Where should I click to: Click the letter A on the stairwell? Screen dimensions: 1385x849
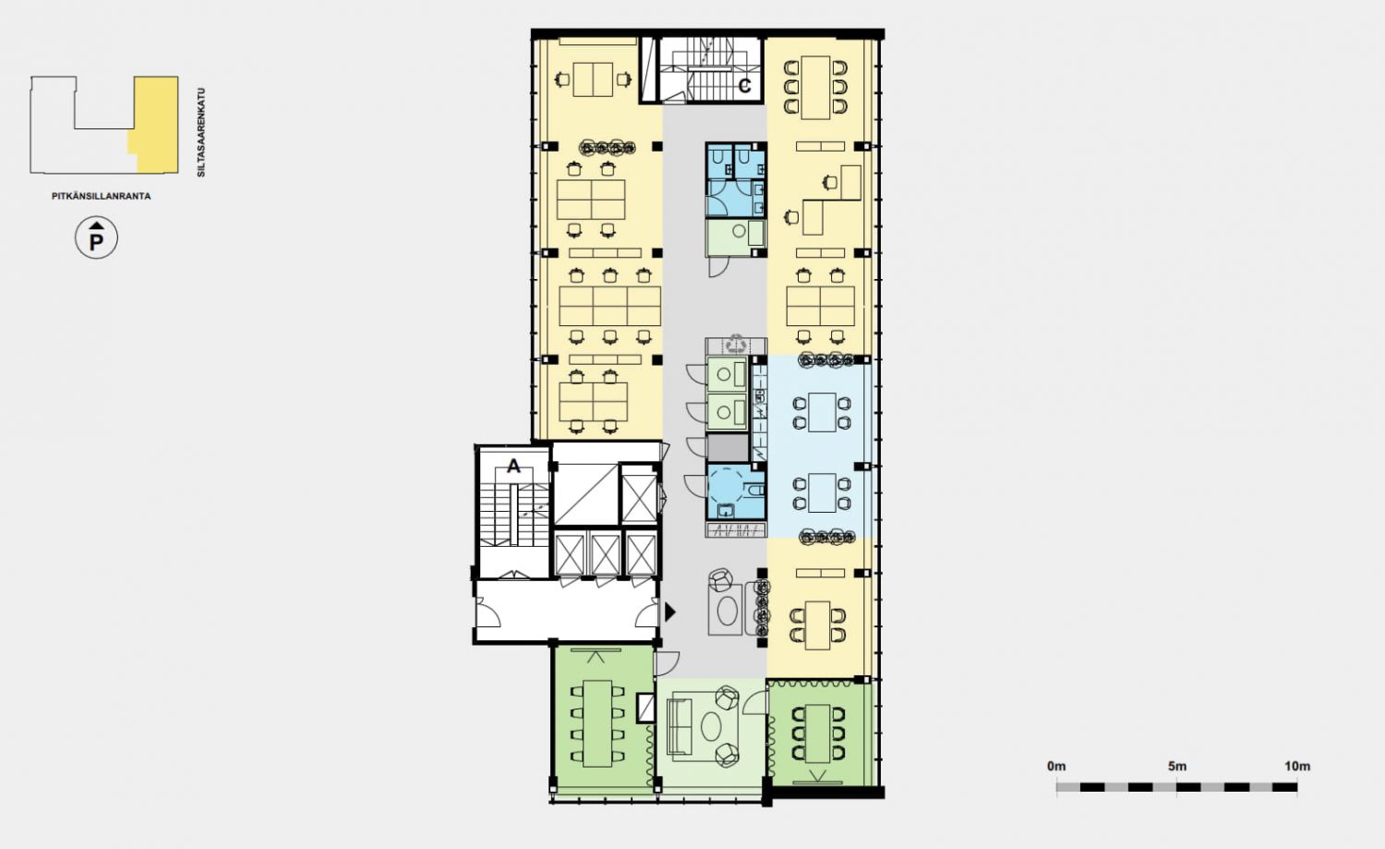coord(513,466)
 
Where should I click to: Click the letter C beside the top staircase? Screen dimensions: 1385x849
coord(744,85)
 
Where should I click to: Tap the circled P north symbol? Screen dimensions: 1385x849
coord(96,237)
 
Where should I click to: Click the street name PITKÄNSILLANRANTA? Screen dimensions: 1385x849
coord(102,196)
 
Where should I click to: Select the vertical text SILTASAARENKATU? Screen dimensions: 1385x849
coord(201,132)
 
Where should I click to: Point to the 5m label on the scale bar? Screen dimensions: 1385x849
coord(1177,766)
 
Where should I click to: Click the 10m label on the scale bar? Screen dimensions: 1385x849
coord(1297,766)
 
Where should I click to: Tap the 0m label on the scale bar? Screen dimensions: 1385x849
coord(1056,766)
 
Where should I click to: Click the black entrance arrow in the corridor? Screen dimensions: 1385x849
coord(670,612)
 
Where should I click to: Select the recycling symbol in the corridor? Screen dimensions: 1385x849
coord(737,344)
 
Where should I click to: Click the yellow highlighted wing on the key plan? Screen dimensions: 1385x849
coord(155,125)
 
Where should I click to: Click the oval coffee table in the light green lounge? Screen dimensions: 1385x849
coord(711,726)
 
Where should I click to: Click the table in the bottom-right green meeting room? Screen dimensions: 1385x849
coord(818,734)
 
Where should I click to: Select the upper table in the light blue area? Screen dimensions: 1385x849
coord(822,412)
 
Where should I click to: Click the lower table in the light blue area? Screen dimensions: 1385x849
coord(822,492)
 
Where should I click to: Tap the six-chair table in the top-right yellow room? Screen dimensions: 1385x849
coord(815,87)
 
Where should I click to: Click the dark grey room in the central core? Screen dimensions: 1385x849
coord(728,448)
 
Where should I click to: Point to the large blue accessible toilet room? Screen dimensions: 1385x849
coord(736,492)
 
